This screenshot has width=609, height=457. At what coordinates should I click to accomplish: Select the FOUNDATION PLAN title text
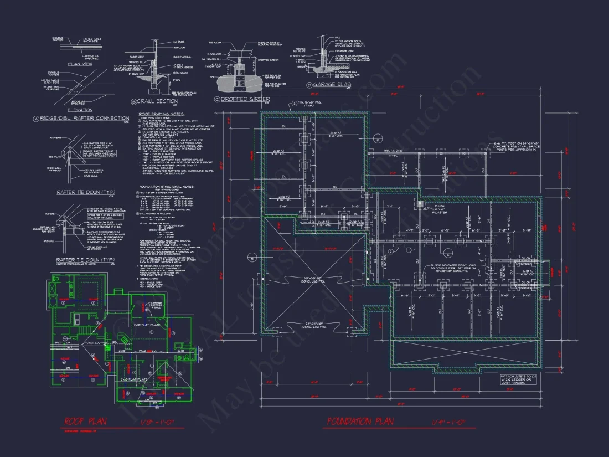coord(360,422)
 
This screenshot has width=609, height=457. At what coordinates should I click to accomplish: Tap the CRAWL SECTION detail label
coord(158,101)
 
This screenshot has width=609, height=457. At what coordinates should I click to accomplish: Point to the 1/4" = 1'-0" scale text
coord(453,422)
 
